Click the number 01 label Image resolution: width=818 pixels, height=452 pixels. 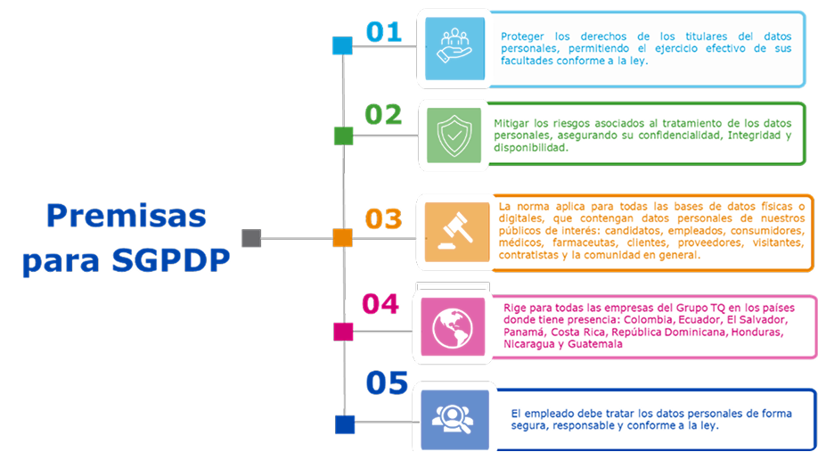point(384,32)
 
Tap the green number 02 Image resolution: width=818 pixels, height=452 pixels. point(384,115)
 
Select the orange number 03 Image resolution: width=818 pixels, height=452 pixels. point(383,219)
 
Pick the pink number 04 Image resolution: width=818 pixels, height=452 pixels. point(380,303)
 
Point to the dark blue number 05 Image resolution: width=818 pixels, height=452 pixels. point(386,383)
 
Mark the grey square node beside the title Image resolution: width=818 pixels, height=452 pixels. point(251,238)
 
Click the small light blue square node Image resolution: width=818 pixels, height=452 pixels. point(342,45)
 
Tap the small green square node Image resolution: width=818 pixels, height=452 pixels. point(343,136)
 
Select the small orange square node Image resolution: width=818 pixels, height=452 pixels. point(343,237)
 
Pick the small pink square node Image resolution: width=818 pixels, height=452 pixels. point(343,331)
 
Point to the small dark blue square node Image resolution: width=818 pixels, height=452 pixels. point(345,424)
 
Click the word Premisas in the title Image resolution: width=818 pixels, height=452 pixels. point(126,216)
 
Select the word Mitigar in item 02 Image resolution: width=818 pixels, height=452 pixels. point(514,123)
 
